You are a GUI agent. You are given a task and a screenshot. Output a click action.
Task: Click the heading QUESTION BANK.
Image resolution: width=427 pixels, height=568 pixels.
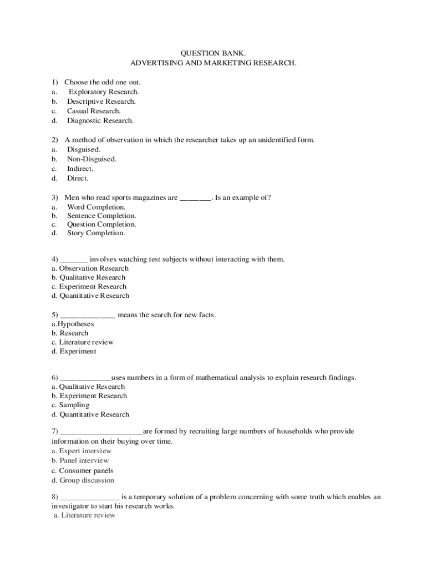coord(213,53)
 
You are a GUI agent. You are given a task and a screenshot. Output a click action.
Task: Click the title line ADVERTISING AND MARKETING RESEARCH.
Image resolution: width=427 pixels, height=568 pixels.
coord(213,63)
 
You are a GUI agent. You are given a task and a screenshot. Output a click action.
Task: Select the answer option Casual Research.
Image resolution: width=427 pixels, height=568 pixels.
coord(94,111)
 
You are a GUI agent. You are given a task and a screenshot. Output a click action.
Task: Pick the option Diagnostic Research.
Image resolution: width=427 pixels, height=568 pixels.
coord(100,120)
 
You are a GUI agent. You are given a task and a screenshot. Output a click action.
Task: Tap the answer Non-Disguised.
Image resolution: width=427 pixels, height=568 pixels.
coord(91,159)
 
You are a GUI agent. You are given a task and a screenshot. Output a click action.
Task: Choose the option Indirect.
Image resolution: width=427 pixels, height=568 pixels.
coord(80,169)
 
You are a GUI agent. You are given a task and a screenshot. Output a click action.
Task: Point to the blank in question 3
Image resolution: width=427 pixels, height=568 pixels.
coord(195,198)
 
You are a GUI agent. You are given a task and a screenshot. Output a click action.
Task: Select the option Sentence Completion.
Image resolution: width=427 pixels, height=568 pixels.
coord(101,216)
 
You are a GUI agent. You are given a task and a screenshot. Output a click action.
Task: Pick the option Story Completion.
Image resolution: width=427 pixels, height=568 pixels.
coord(96,233)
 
